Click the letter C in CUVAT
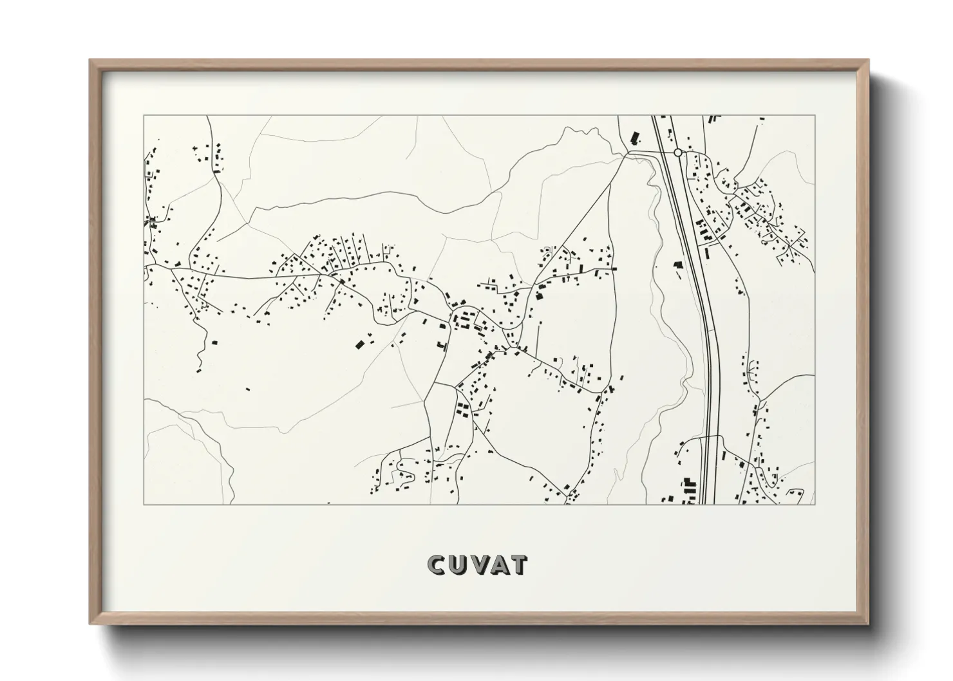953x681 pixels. [435, 565]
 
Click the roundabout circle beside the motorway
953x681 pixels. [677, 153]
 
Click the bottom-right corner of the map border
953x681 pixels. [815, 504]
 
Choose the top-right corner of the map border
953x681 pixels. [815, 116]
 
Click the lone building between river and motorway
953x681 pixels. [677, 264]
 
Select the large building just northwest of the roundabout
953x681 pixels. [635, 137]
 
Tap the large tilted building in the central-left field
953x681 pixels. [359, 345]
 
